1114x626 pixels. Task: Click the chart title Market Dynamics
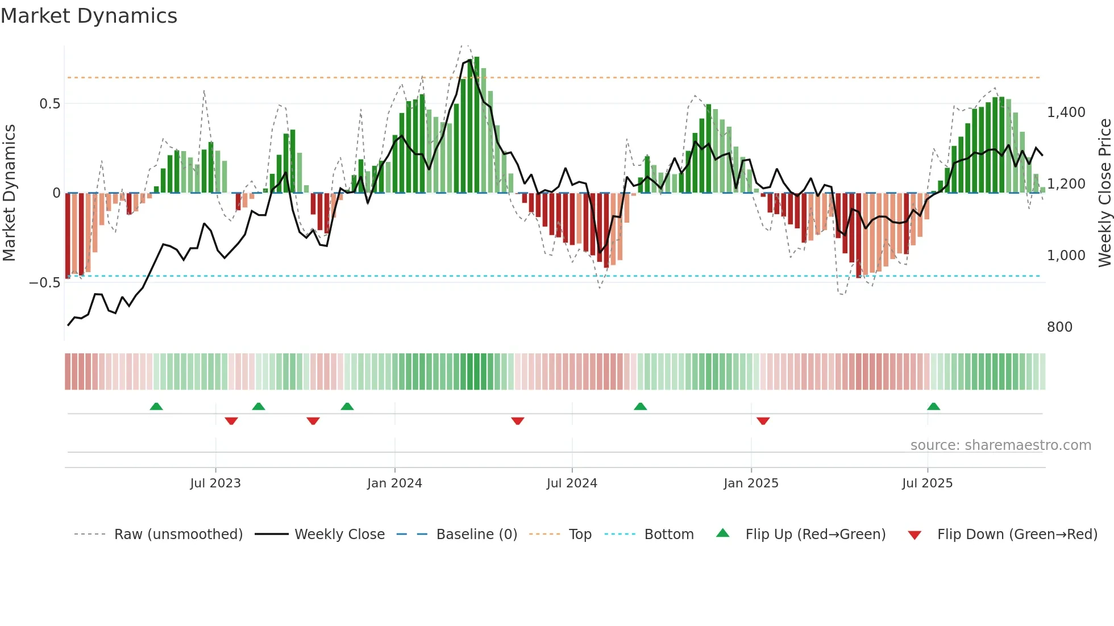point(89,16)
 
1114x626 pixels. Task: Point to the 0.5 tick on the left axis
point(49,104)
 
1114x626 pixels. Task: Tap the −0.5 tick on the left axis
point(44,283)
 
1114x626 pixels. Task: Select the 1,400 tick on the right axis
point(1066,112)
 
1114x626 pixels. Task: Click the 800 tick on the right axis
point(1059,327)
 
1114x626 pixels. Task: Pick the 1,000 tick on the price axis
point(1066,256)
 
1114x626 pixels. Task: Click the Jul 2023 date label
point(215,483)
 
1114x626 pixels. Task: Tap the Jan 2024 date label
point(394,483)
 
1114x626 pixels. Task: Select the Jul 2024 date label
point(572,483)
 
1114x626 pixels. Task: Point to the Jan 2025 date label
point(751,483)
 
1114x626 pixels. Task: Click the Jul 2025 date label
point(927,483)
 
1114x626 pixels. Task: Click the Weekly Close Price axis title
point(1104,193)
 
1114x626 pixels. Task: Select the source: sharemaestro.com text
point(1000,445)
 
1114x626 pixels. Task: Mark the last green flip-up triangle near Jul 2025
point(933,407)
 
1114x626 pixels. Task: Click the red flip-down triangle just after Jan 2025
point(763,421)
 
